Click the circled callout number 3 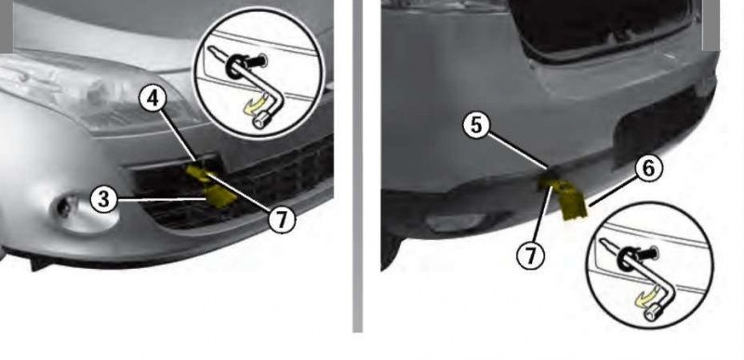104,200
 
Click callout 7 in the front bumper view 282,220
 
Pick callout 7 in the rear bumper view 530,257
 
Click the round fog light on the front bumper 63,207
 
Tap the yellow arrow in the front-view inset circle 255,105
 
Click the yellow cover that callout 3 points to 219,194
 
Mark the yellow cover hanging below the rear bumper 574,203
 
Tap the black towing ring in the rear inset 625,259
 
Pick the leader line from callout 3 162,199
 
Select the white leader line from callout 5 519,152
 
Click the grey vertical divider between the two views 358,166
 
